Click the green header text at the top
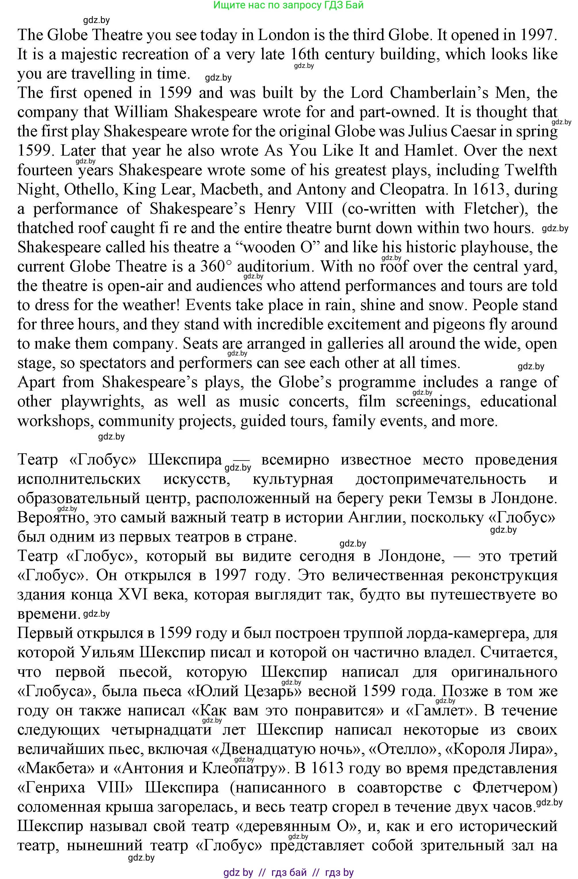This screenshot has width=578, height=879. click(x=288, y=5)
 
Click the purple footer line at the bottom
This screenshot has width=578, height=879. click(x=288, y=873)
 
